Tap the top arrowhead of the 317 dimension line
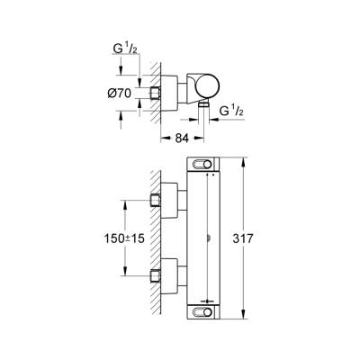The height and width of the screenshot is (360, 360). pos(244,159)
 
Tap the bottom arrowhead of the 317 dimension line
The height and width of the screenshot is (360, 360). pos(244,317)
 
